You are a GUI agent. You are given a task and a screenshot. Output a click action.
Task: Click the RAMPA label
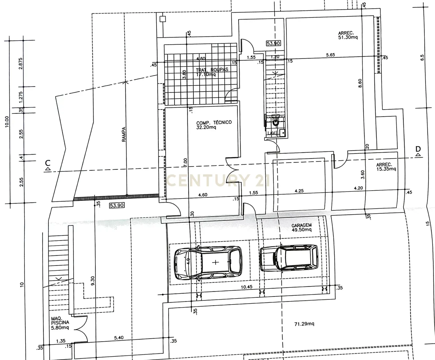[124, 134]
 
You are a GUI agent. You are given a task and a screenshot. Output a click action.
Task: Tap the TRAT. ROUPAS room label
[212, 72]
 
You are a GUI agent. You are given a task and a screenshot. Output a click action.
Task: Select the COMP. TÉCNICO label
[214, 125]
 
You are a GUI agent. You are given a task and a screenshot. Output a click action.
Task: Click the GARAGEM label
[301, 227]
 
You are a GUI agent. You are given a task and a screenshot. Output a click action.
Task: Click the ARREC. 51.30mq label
[348, 35]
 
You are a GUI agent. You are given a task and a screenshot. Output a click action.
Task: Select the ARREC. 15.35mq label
[386, 167]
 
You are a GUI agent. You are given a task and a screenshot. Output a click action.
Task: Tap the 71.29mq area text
[304, 324]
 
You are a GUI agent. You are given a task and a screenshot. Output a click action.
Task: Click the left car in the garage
[208, 263]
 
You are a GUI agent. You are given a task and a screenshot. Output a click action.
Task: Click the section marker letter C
[48, 163]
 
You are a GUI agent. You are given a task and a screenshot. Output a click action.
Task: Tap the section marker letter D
[418, 149]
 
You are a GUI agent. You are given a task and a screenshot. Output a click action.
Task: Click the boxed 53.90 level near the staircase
[273, 43]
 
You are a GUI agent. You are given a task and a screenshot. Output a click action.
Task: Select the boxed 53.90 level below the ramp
[117, 205]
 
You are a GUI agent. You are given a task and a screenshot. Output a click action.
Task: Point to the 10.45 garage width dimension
[247, 287]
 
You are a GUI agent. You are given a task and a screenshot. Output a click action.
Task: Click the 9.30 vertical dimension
[92, 281]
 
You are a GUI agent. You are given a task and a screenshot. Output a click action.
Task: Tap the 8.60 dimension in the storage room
[360, 83]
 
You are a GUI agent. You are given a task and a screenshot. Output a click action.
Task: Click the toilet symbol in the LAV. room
[275, 123]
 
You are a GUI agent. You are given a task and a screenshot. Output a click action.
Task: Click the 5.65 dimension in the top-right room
[330, 55]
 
